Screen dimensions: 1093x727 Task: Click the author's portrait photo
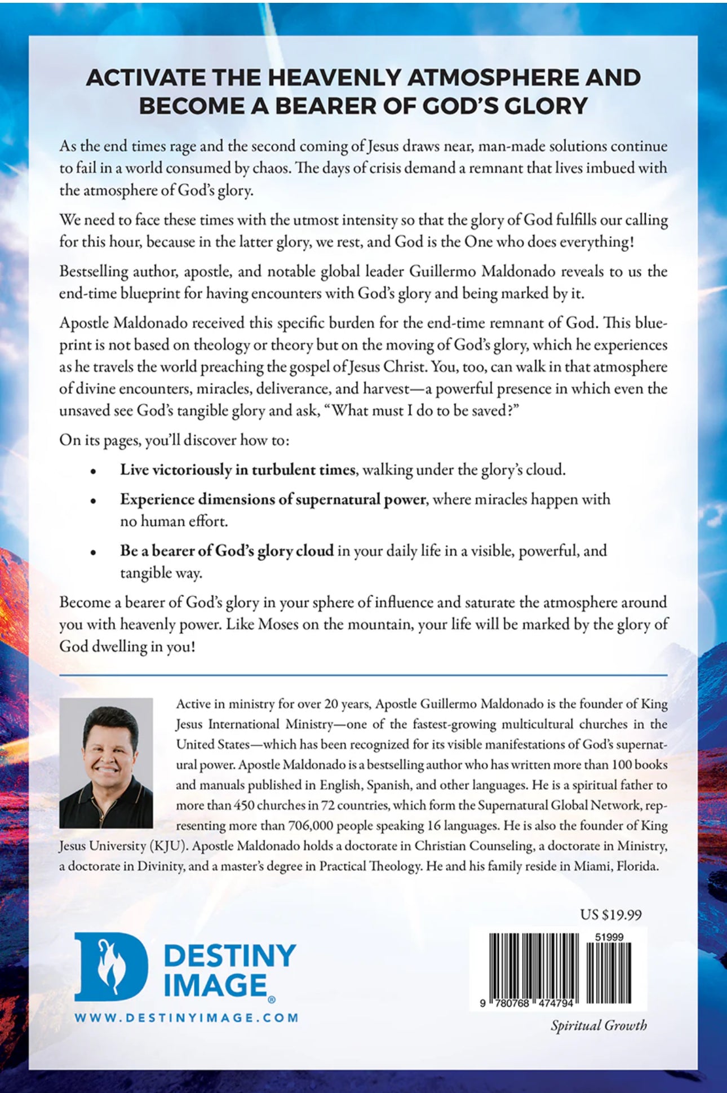coord(106,763)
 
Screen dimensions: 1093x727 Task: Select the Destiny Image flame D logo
coord(110,966)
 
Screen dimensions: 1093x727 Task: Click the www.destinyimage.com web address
coord(187,1017)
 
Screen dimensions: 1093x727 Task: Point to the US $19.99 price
coord(611,914)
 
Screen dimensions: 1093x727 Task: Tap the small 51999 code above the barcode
coord(609,937)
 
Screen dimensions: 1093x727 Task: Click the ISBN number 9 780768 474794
coord(527,1003)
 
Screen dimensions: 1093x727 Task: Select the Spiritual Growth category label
coord(599,1025)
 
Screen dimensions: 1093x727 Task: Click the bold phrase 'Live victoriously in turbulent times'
coord(237,470)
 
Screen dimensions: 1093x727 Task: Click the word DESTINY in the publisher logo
coord(229,956)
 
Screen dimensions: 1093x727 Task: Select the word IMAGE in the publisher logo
coord(215,985)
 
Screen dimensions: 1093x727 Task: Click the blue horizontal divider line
coord(363,675)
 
